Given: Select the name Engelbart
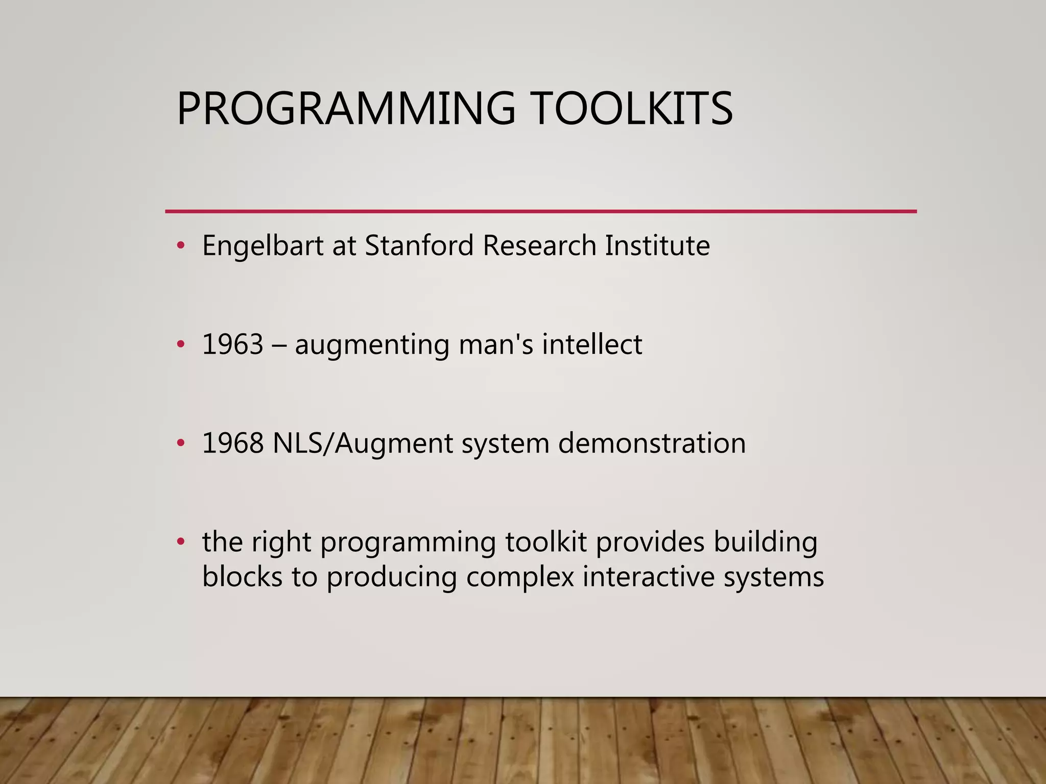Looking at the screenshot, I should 263,246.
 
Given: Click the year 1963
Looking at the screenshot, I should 233,344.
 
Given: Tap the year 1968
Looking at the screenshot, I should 233,443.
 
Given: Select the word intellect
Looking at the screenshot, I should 592,344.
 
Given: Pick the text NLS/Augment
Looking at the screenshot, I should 363,443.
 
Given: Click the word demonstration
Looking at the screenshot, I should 652,443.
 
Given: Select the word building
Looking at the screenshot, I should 765,543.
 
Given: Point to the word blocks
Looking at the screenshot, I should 242,577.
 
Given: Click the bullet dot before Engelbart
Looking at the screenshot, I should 180,246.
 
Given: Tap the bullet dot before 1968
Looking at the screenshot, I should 180,444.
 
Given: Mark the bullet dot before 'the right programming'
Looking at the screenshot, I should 180,542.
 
